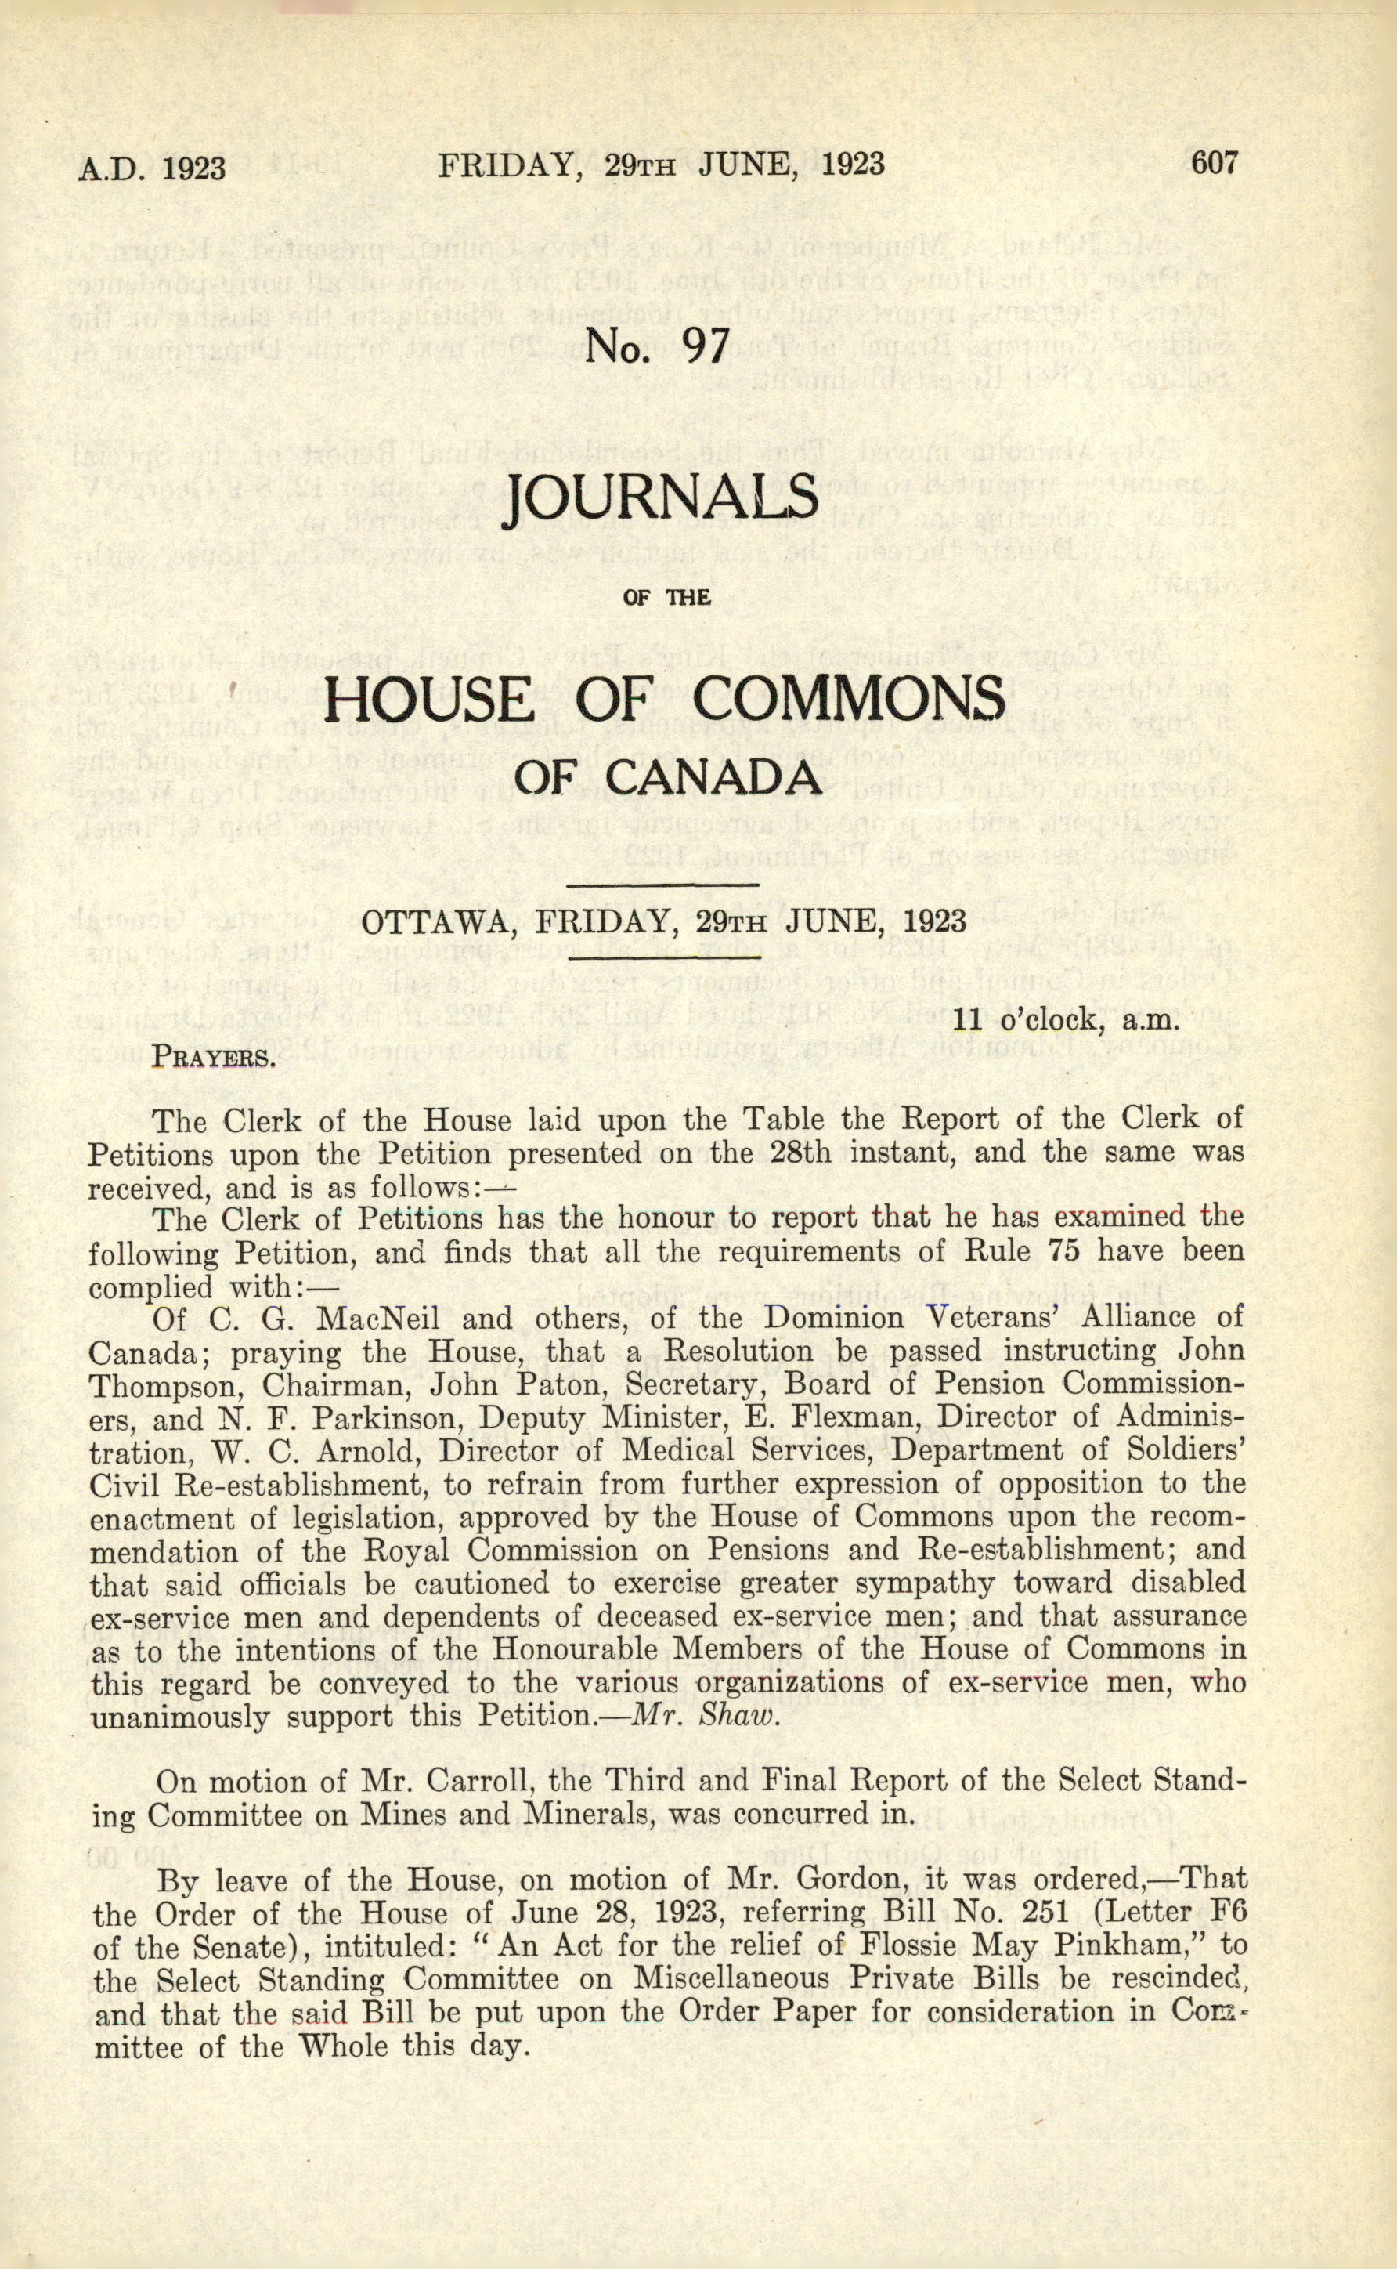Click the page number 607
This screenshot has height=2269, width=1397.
tap(1212, 164)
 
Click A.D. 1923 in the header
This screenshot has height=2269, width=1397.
tap(153, 168)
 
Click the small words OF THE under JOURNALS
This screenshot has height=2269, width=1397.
tap(667, 597)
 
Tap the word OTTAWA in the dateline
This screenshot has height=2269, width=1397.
tap(442, 921)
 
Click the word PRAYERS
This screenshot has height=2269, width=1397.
tap(214, 1055)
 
